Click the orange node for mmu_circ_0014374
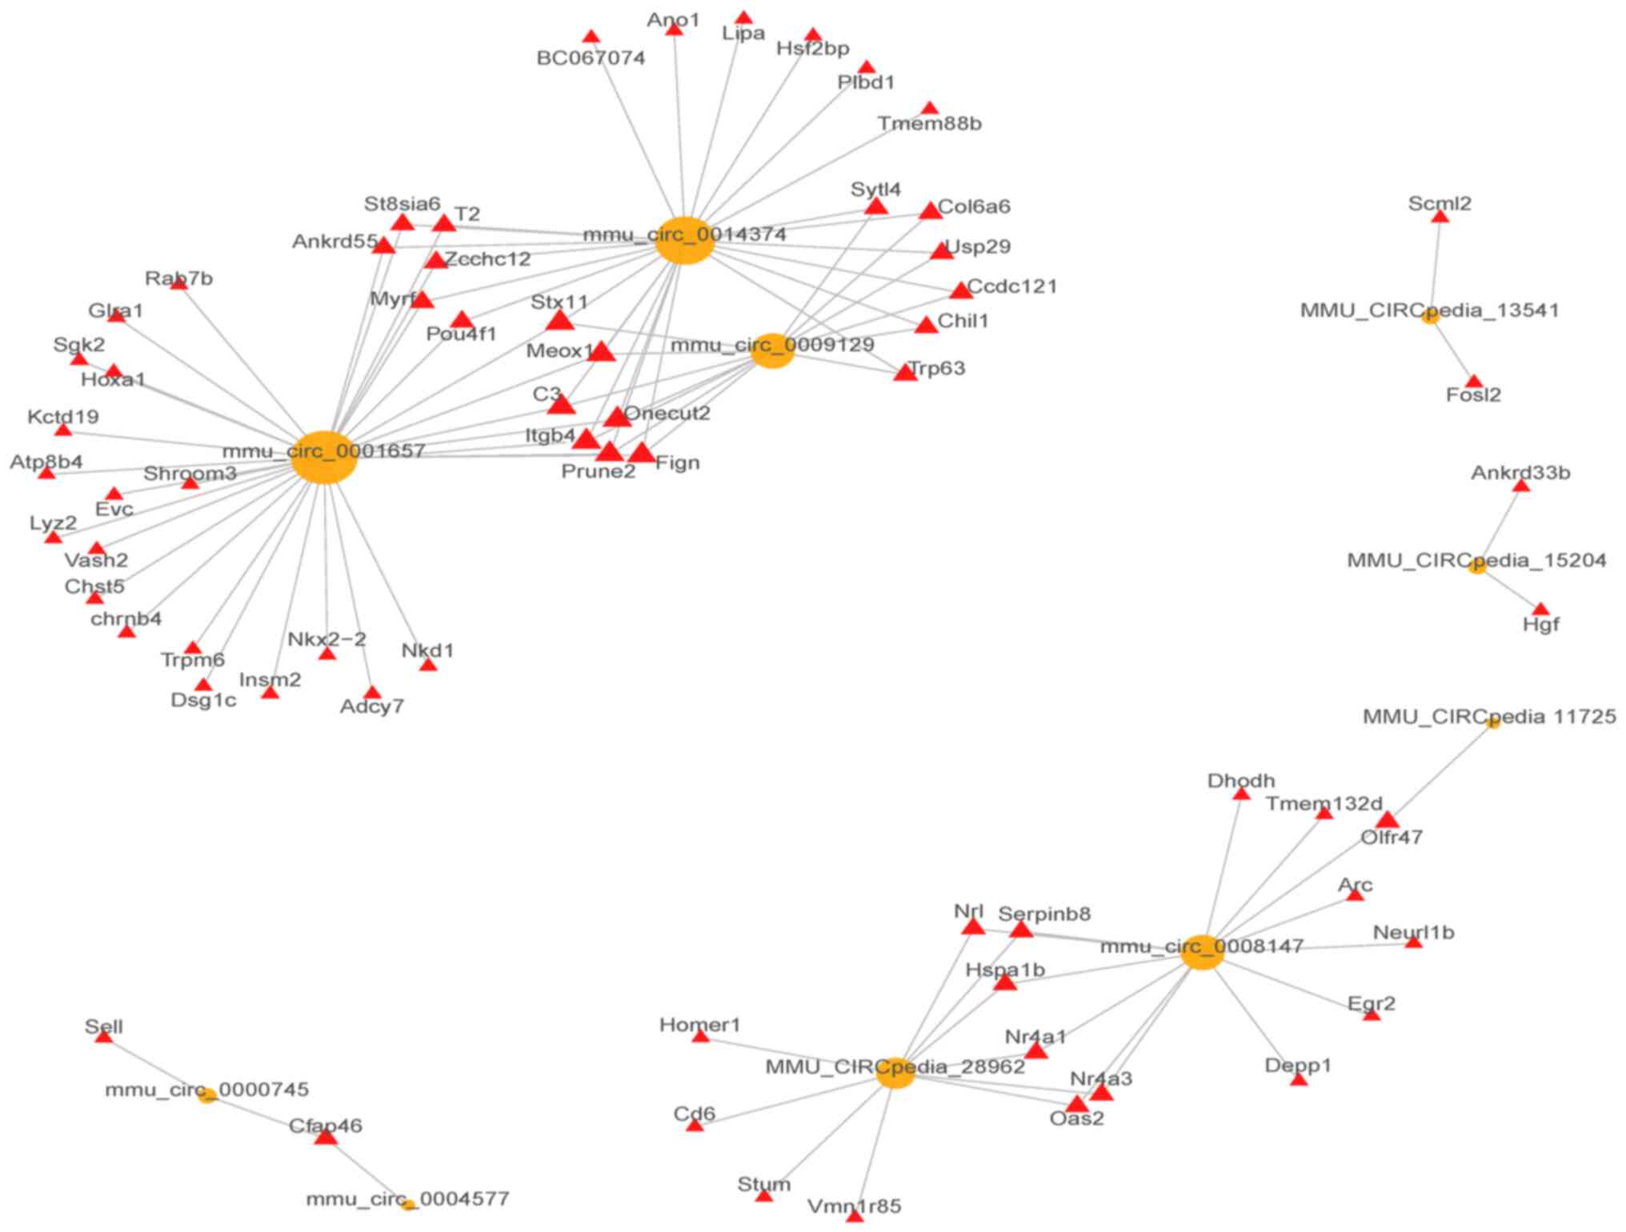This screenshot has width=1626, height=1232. tap(684, 240)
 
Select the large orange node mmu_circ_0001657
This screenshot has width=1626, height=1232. tap(323, 457)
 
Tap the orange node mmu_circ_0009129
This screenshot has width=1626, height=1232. tap(772, 350)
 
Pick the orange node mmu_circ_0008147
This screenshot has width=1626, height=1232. tap(1203, 951)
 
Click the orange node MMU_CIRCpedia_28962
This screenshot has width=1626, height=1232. tap(895, 1072)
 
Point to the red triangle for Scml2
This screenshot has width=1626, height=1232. tap(1440, 217)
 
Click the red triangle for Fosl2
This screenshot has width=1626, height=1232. tap(1473, 382)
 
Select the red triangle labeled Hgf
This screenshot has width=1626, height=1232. tap(1540, 610)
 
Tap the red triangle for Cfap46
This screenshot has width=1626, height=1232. tap(325, 1136)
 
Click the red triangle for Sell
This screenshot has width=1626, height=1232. tap(103, 1037)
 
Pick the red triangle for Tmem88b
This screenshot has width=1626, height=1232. tap(929, 108)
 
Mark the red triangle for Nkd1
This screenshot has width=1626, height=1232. tap(428, 665)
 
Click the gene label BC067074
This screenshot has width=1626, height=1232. tap(591, 58)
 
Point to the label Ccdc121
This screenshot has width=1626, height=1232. tap(1011, 286)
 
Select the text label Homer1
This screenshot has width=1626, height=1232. tap(699, 1025)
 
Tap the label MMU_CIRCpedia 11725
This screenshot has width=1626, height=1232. tap(1489, 716)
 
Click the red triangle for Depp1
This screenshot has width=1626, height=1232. tap(1299, 1080)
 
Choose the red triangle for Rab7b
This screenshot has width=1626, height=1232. tap(178, 283)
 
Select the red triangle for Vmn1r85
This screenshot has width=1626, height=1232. tap(855, 1216)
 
